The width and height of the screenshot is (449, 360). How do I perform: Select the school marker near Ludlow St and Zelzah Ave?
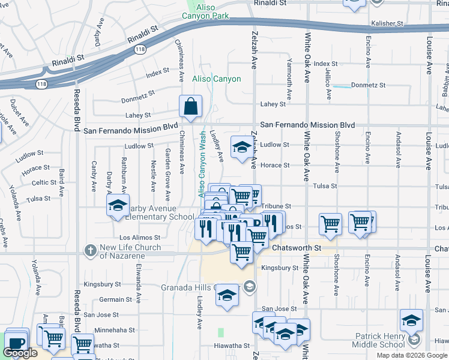[x=241, y=147]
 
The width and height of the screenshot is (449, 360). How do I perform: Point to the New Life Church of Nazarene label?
[x=130, y=251]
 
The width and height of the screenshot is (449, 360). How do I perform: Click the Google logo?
[x=20, y=353]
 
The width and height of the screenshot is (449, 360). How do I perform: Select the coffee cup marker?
[x=16, y=344]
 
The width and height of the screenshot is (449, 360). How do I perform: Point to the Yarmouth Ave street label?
[x=289, y=79]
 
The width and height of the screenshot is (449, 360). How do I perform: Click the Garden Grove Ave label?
[x=168, y=171]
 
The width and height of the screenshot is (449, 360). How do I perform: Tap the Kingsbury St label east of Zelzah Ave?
[x=280, y=268]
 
